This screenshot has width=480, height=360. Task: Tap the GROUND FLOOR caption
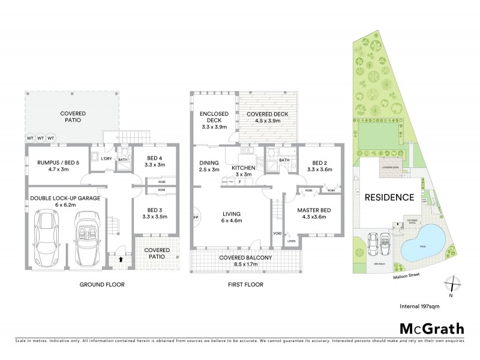(x=103, y=284)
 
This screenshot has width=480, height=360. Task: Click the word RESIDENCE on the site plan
(x=390, y=197)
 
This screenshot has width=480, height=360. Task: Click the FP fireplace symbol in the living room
(x=196, y=217)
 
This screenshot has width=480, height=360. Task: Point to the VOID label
(x=277, y=233)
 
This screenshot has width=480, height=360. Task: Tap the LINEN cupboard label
(x=292, y=241)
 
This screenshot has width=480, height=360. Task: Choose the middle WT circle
(x=40, y=139)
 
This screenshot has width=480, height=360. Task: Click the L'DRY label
(x=107, y=158)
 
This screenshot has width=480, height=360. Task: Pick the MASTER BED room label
(x=314, y=213)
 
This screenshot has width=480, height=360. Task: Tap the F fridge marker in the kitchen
(x=240, y=181)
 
